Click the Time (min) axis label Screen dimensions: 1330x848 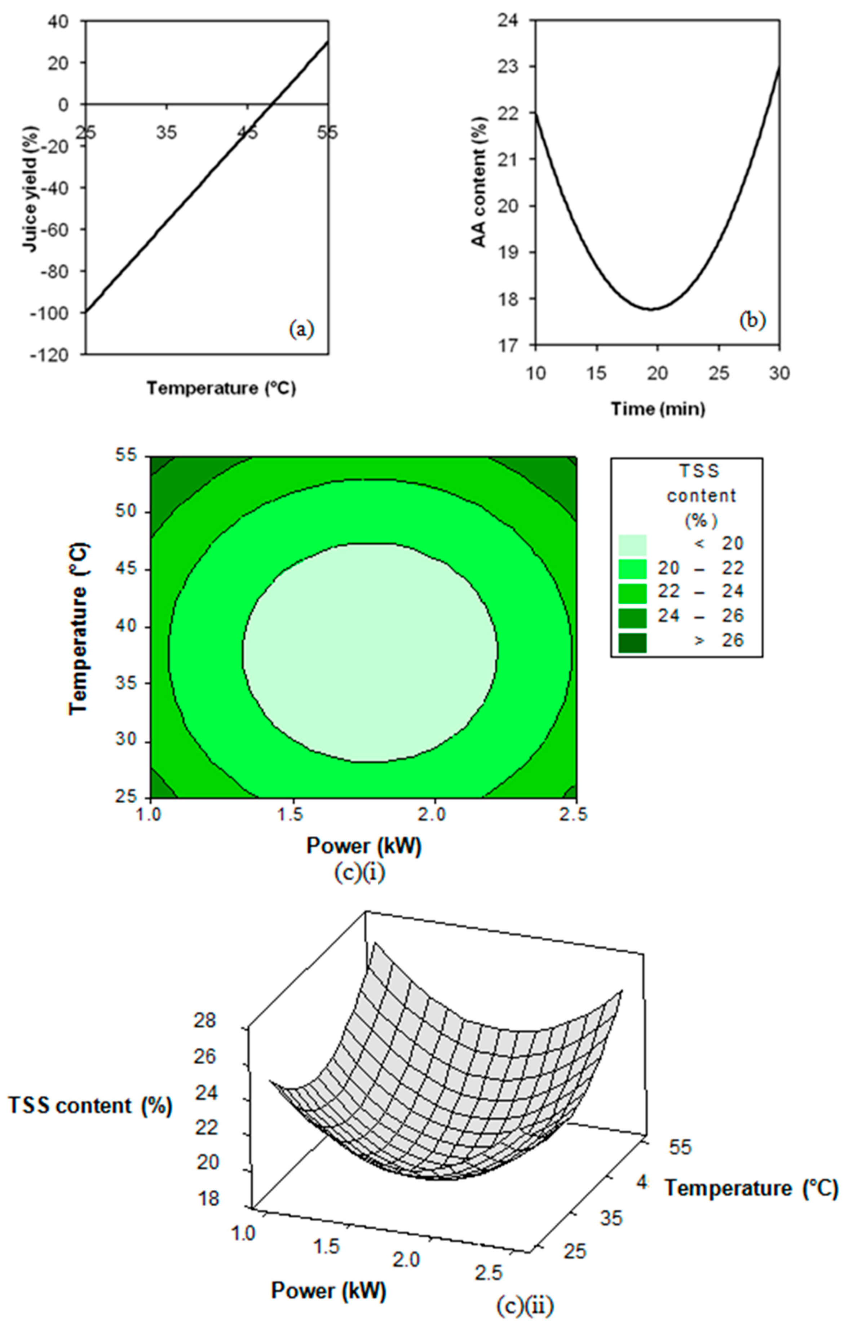click(657, 409)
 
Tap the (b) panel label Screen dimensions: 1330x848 click(752, 321)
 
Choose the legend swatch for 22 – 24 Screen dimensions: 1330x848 click(632, 593)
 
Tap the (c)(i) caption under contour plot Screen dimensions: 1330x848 click(359, 873)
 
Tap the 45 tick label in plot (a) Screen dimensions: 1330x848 click(247, 133)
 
